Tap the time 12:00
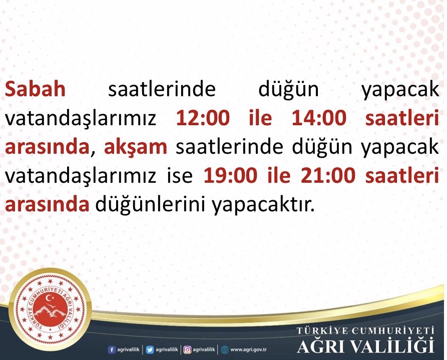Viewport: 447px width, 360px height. pos(203,118)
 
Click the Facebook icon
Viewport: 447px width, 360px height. pos(112,349)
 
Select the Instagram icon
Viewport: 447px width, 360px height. pos(187,349)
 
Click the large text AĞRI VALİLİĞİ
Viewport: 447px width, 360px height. pos(365,346)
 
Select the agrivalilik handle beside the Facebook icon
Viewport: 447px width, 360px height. pos(128,349)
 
